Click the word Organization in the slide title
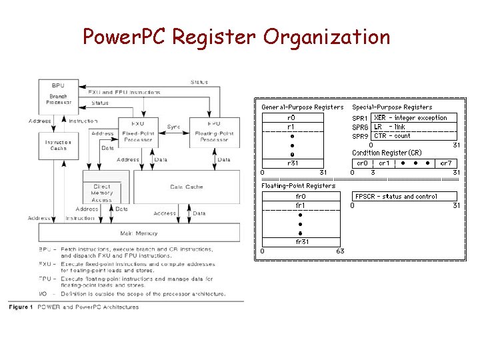(x=326, y=37)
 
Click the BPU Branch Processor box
(x=59, y=94)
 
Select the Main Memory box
(x=139, y=233)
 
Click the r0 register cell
(x=291, y=118)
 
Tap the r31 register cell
(x=291, y=163)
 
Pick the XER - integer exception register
(x=414, y=118)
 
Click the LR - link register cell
(x=414, y=127)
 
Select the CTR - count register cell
(x=414, y=136)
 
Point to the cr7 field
(x=446, y=163)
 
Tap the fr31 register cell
(x=301, y=242)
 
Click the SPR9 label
(x=360, y=136)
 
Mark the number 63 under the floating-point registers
(x=340, y=251)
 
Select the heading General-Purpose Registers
(x=302, y=107)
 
